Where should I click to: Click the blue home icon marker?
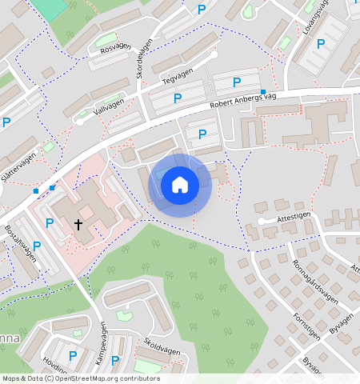coord(180,185)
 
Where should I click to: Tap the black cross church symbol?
coord(78,225)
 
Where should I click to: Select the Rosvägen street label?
coord(114,46)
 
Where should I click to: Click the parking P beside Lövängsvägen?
coord(321,44)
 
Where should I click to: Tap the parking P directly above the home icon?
coord(202,134)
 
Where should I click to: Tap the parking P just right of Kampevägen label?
coord(115,361)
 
